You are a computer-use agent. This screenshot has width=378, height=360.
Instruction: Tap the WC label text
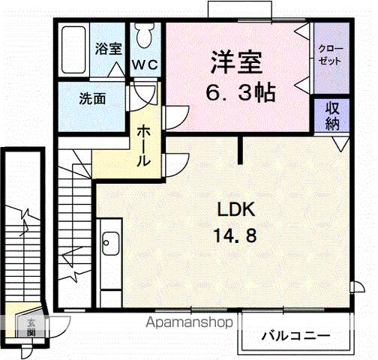[145, 64]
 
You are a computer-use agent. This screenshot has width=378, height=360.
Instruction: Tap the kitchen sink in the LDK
[109, 242]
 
